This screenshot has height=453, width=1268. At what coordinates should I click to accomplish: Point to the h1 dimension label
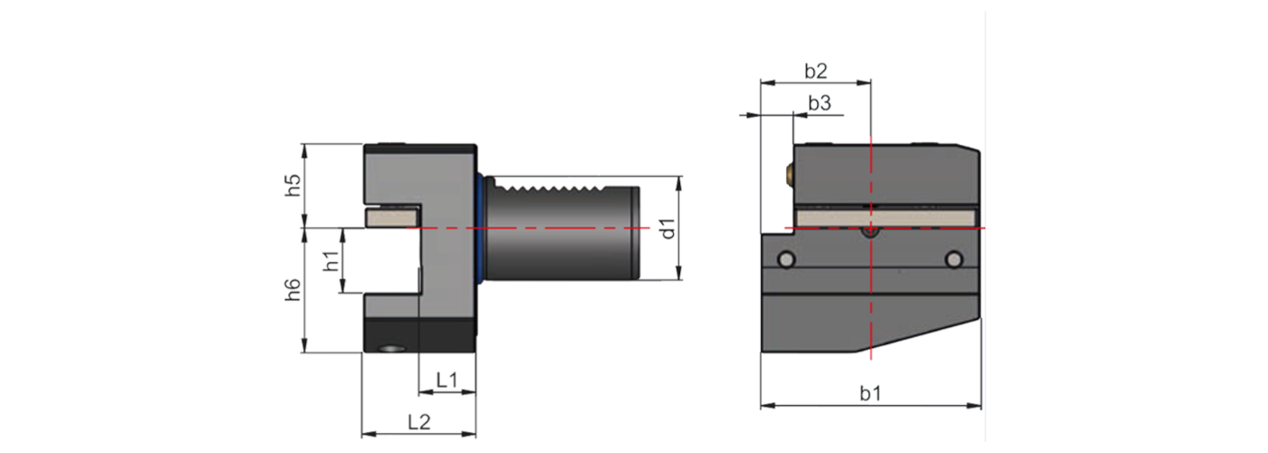[331, 261]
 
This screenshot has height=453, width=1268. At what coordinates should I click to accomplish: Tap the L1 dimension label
[447, 380]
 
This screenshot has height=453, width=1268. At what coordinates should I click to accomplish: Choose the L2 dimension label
[418, 422]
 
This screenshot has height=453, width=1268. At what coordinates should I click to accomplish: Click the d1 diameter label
[668, 228]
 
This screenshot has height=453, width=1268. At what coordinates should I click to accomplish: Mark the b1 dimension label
[870, 393]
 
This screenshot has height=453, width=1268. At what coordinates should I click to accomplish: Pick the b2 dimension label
[815, 70]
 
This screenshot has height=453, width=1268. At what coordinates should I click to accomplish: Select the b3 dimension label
[819, 103]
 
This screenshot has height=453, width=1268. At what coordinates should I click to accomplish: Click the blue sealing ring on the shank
[479, 228]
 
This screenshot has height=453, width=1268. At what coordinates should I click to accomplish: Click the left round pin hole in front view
[787, 260]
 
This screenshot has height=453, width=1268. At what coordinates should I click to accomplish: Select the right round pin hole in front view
[953, 260]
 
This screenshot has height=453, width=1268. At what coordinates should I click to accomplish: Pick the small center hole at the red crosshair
[870, 233]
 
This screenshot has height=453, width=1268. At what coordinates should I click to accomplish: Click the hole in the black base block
[391, 348]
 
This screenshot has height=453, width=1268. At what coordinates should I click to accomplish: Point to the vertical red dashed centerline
[870, 299]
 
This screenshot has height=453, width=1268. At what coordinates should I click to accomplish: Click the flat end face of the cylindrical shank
[638, 228]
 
